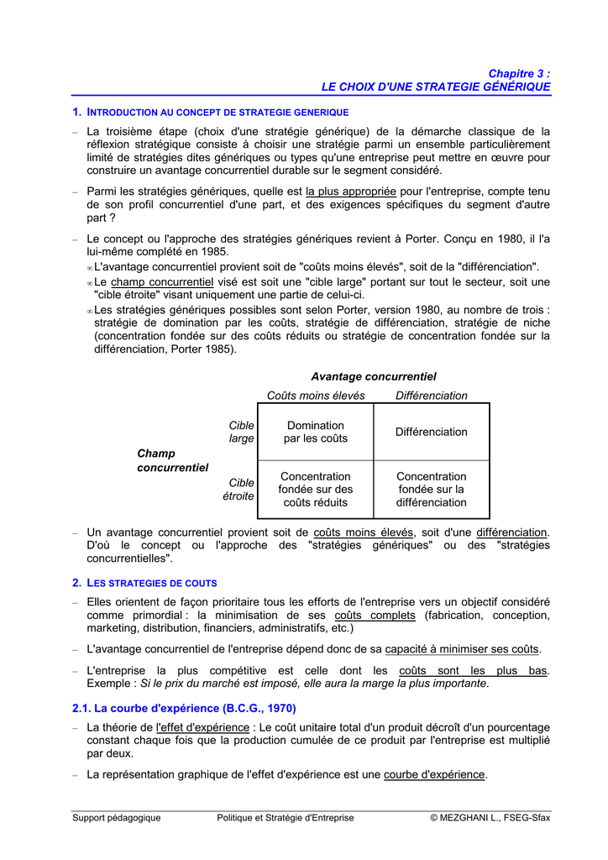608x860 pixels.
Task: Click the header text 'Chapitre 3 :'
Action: [x=519, y=74]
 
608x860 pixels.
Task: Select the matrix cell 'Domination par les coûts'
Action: [x=315, y=432]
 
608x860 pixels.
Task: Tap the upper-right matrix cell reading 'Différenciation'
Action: [x=431, y=432]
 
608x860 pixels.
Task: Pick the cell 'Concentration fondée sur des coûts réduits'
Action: [x=315, y=489]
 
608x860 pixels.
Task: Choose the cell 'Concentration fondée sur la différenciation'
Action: [x=431, y=489]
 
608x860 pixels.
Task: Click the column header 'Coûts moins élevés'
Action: [x=316, y=396]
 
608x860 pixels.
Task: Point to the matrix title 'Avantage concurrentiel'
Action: [x=374, y=376]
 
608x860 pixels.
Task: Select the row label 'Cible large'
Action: [x=242, y=432]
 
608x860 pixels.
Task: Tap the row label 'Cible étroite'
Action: [x=238, y=489]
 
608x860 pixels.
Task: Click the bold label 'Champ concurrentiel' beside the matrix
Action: [x=172, y=460]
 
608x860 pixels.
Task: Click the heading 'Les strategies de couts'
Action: [x=152, y=582]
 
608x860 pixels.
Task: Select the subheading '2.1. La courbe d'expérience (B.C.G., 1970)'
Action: [x=184, y=708]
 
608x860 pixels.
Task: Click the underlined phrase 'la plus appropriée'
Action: [x=350, y=191]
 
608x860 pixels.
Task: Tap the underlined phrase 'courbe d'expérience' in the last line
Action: [x=434, y=774]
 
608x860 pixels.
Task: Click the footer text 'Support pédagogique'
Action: [x=116, y=817]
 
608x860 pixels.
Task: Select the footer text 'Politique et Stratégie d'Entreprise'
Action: [x=285, y=817]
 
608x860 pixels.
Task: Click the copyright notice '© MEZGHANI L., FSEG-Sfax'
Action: [x=490, y=817]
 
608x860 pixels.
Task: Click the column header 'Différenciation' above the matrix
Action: [x=431, y=396]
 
